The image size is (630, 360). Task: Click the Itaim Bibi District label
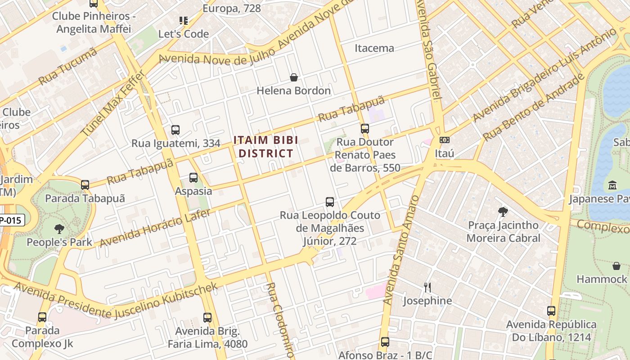[x=265, y=147]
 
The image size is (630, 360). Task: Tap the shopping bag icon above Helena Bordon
[x=294, y=77]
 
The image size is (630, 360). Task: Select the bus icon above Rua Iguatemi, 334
[x=175, y=130]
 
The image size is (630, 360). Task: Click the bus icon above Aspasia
[x=193, y=178]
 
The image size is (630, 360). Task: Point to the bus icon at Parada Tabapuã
[x=85, y=185]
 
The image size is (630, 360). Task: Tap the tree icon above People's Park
[x=59, y=229]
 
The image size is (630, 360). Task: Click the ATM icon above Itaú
[x=444, y=140]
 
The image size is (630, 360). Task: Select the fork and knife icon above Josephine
[x=427, y=287]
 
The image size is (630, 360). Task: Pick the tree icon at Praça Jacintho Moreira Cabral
[x=503, y=211]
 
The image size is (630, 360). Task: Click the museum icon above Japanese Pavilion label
[x=612, y=185]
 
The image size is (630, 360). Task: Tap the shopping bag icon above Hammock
[x=616, y=266]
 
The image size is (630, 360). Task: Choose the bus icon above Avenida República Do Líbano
[x=551, y=311]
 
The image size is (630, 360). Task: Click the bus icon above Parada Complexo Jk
[x=42, y=317]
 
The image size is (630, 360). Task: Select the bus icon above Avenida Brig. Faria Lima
[x=207, y=318]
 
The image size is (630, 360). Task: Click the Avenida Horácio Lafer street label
[x=155, y=228]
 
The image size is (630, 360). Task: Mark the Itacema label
[x=374, y=48]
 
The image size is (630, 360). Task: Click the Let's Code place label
[x=184, y=34]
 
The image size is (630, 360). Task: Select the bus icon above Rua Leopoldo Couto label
[x=330, y=202]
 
